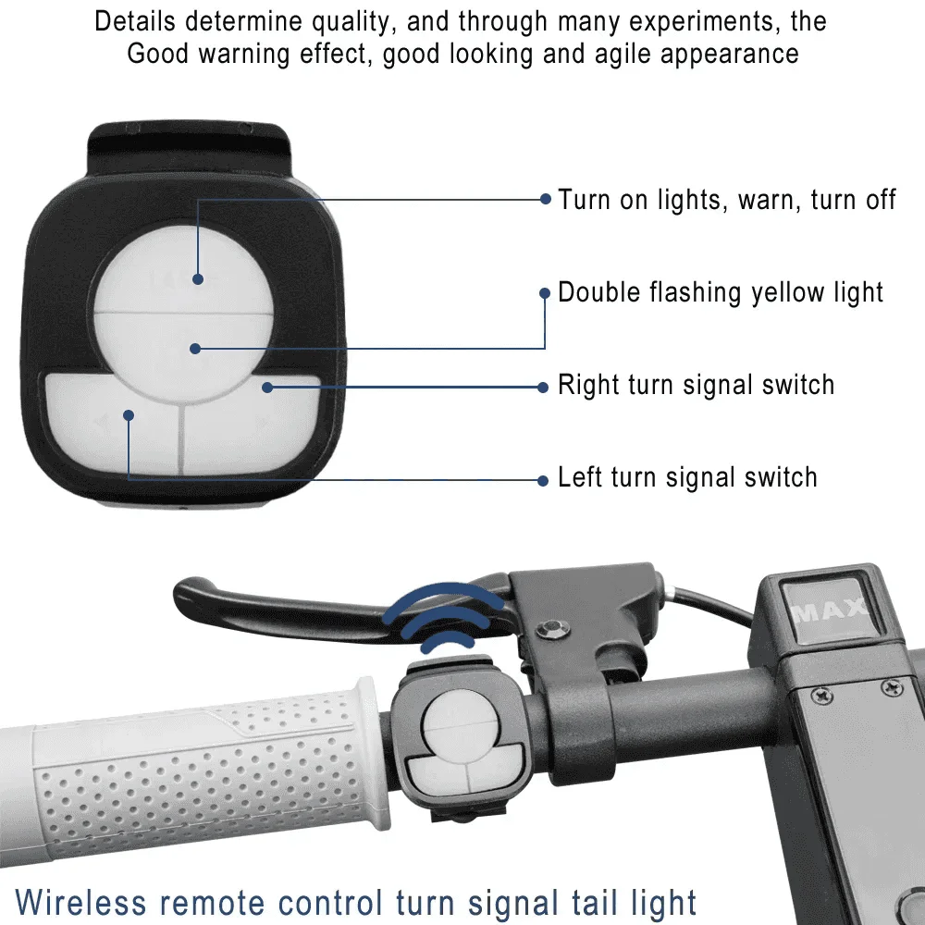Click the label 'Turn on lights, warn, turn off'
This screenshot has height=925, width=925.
point(727,199)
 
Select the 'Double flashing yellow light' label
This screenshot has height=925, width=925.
point(721,292)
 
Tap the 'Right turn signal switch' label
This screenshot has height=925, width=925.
point(696,385)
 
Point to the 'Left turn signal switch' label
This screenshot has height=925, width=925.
point(687,477)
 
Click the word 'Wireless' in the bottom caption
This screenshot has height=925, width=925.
point(81,901)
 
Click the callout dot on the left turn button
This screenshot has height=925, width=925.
point(129,416)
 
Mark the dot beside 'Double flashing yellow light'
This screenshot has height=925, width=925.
point(545,292)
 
